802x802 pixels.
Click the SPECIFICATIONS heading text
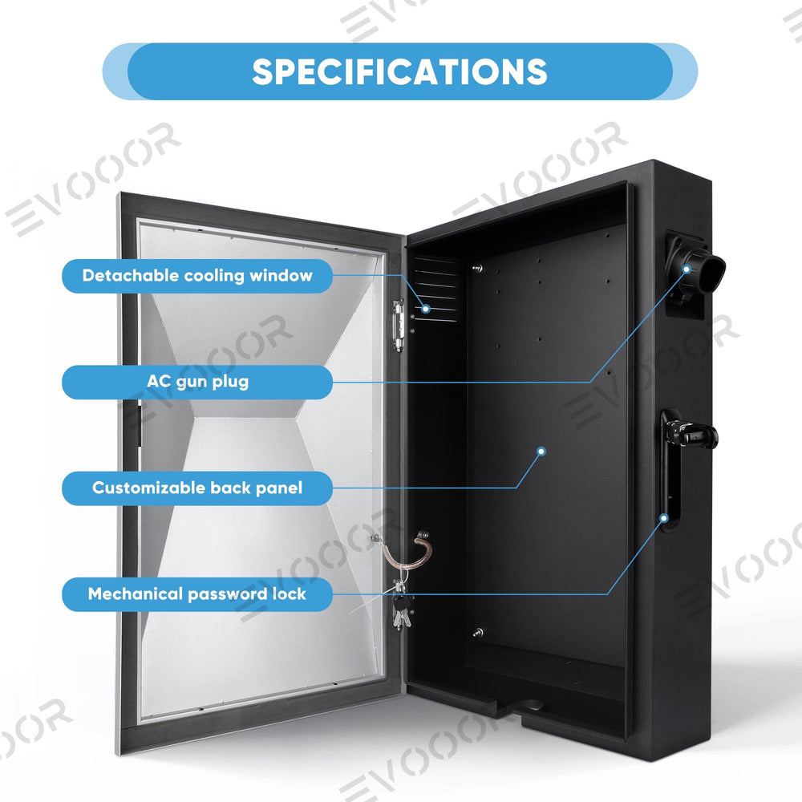(x=399, y=71)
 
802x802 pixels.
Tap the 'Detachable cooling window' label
(x=197, y=276)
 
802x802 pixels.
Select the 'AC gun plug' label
(x=197, y=382)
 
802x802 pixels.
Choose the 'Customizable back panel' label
(x=197, y=488)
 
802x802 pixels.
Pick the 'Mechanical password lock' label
(x=197, y=594)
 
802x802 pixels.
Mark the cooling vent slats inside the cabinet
(x=437, y=289)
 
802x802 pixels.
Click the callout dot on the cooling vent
(x=426, y=309)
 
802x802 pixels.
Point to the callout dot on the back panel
(x=541, y=451)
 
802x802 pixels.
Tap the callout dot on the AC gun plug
(x=687, y=269)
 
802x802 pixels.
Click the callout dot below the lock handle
(x=664, y=518)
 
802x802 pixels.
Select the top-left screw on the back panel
(x=477, y=269)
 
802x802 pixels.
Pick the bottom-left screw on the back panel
(x=478, y=633)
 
